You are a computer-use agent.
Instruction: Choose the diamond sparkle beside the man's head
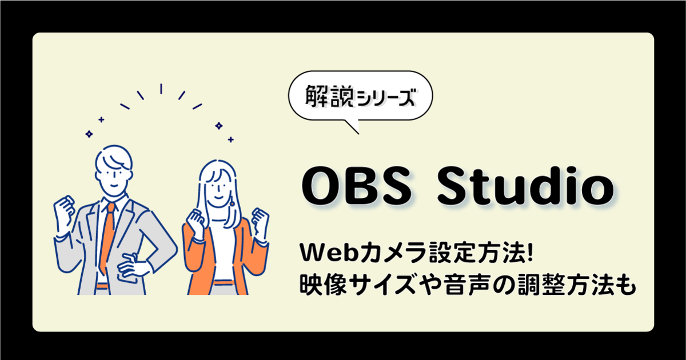(x=89, y=134)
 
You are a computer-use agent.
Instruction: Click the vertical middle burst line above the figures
(x=161, y=89)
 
